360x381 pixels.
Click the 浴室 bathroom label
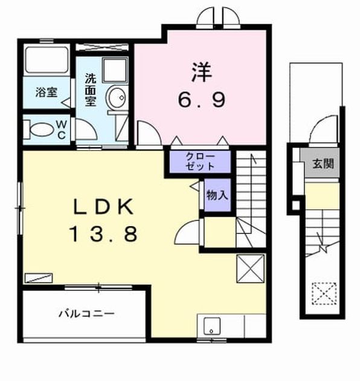pyautogui.click(x=47, y=93)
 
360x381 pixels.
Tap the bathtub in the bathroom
pyautogui.click(x=47, y=60)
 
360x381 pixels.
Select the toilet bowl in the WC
pyautogui.click(x=41, y=129)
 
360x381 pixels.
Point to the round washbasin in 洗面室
pyautogui.click(x=117, y=98)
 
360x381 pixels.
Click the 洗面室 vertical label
pyautogui.click(x=91, y=90)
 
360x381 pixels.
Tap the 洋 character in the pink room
pyautogui.click(x=202, y=72)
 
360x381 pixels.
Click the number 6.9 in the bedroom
pyautogui.click(x=202, y=100)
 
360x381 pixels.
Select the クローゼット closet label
pyautogui.click(x=200, y=161)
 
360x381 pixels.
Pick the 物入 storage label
pyautogui.click(x=217, y=195)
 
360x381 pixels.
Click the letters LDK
pyautogui.click(x=103, y=207)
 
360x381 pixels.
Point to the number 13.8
pyautogui.click(x=104, y=234)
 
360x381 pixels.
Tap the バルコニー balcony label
pyautogui.click(x=86, y=314)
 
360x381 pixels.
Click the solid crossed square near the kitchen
pyautogui.click(x=250, y=269)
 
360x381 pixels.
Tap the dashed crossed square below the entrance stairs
pyautogui.click(x=324, y=293)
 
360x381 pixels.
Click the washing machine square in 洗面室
pyautogui.click(x=115, y=70)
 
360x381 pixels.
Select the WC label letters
pyautogui.click(x=62, y=130)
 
